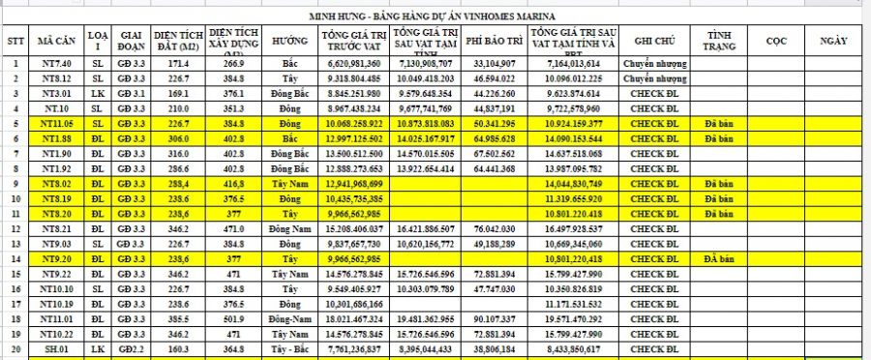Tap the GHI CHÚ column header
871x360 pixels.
point(654,42)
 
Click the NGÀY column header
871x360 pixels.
point(833,42)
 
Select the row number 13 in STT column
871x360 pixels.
point(15,244)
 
